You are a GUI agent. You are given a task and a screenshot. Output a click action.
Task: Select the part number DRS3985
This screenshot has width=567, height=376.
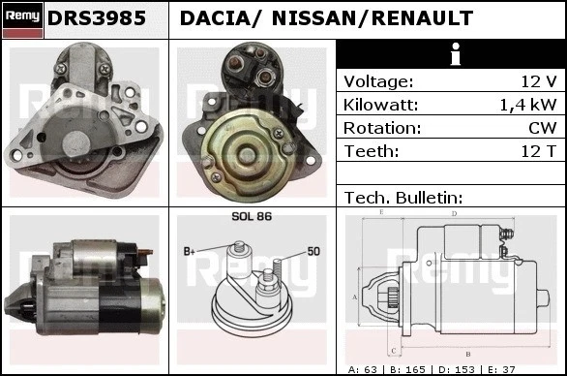pyautogui.click(x=98, y=18)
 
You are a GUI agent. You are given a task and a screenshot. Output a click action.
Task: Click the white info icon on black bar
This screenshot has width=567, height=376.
pyautogui.click(x=450, y=55)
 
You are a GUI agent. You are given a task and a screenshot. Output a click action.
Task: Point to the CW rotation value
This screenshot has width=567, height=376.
pyautogui.click(x=543, y=128)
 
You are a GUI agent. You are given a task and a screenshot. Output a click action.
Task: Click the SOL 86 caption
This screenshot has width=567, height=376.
pyautogui.click(x=252, y=217)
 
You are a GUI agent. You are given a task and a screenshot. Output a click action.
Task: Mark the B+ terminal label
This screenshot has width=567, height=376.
pyautogui.click(x=190, y=251)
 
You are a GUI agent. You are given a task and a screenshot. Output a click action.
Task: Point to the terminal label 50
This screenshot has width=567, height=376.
pyautogui.click(x=313, y=251)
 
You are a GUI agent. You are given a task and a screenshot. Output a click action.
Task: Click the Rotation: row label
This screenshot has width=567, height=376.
pyautogui.click(x=382, y=128)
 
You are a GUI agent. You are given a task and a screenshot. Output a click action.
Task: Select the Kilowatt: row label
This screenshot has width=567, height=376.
pyautogui.click(x=380, y=105)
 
